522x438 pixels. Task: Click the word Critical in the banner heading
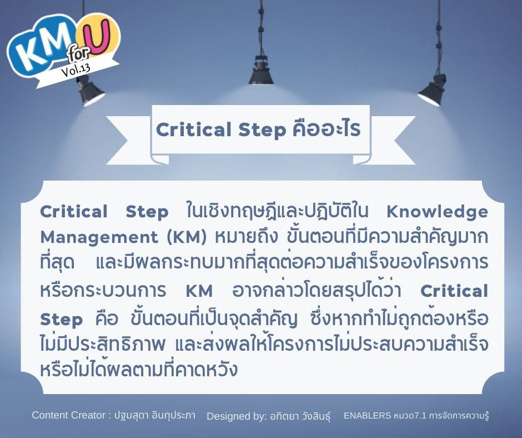(x=193, y=130)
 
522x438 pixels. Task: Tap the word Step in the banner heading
(x=262, y=130)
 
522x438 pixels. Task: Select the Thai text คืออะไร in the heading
(x=327, y=129)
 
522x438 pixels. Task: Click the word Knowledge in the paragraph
(x=437, y=212)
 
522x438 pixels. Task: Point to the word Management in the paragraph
(x=99, y=238)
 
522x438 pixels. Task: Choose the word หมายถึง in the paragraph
(x=246, y=237)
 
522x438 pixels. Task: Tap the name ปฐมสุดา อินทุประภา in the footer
(x=155, y=416)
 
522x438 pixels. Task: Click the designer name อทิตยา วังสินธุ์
(x=300, y=416)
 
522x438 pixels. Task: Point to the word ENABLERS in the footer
(x=367, y=416)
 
